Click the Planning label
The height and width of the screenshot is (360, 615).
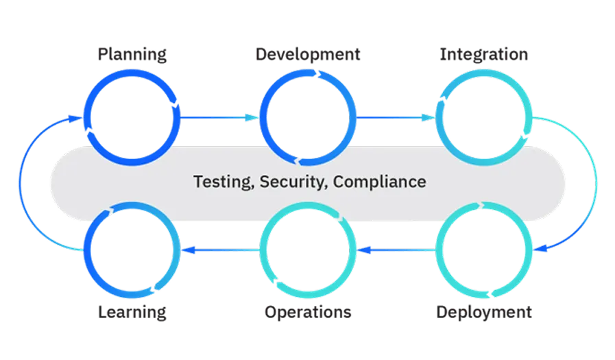(x=132, y=55)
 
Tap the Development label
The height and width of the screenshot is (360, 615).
(x=306, y=55)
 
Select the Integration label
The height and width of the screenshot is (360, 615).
(x=484, y=55)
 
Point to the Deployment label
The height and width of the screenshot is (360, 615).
(x=483, y=312)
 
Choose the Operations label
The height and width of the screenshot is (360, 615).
(x=310, y=312)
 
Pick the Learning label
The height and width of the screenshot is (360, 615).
(x=133, y=312)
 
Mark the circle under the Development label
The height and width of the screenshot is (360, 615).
(x=308, y=117)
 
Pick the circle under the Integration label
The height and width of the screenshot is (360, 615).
(x=484, y=117)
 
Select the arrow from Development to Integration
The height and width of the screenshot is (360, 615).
(x=396, y=118)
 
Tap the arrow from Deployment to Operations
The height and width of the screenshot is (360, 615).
(x=396, y=250)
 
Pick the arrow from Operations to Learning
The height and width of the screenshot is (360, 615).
(x=219, y=250)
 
